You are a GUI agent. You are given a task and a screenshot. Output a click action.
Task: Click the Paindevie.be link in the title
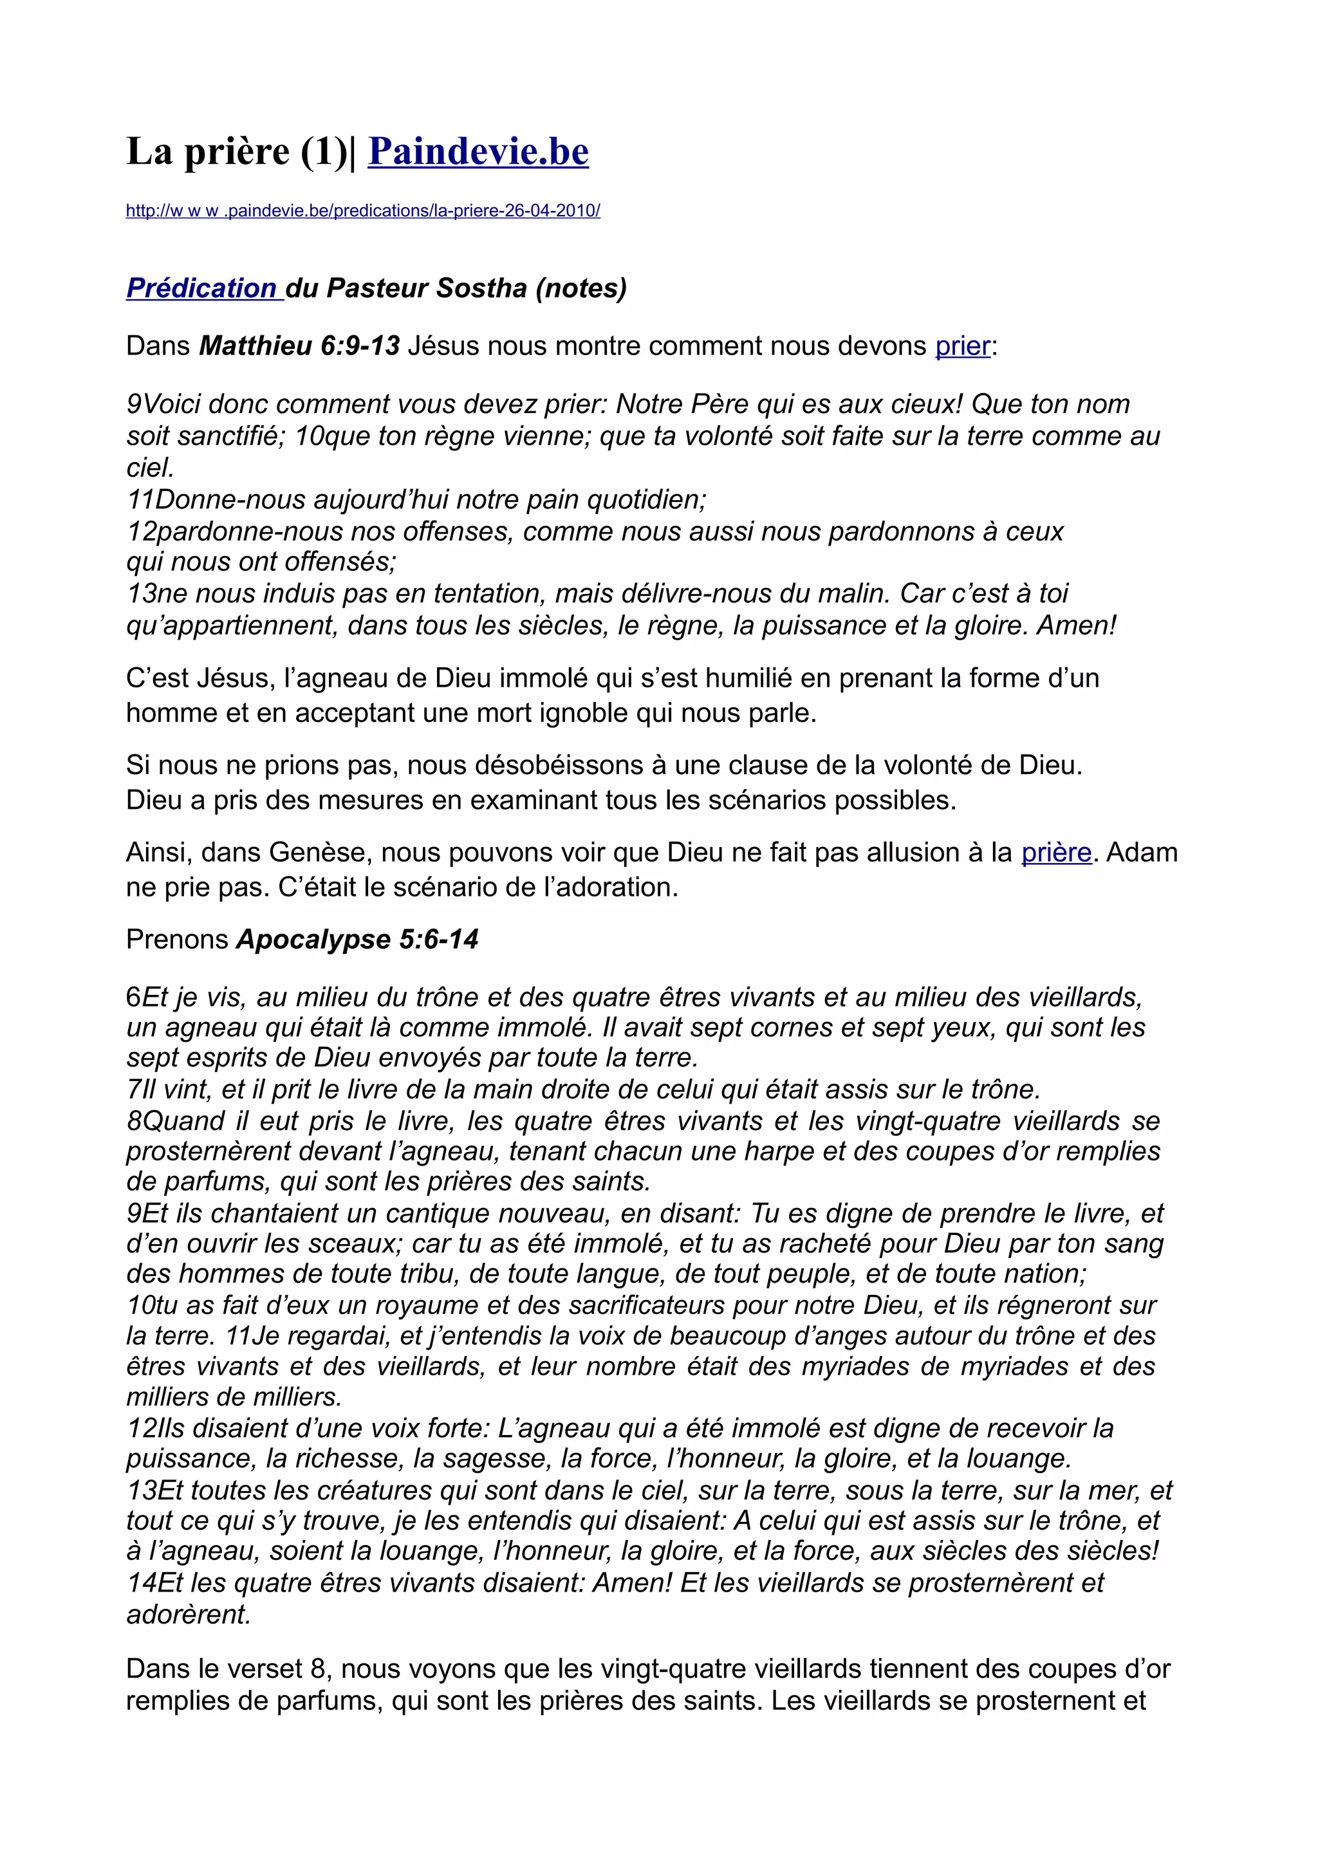tap(478, 152)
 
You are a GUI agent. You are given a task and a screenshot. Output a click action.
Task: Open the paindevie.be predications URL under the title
tap(363, 211)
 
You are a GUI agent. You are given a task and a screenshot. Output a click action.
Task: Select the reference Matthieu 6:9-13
tap(300, 346)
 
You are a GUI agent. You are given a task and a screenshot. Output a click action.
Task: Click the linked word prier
tap(962, 346)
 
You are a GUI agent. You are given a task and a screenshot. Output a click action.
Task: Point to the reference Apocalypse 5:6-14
tap(357, 939)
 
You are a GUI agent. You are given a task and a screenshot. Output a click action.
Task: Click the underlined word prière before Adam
tap(1055, 852)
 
